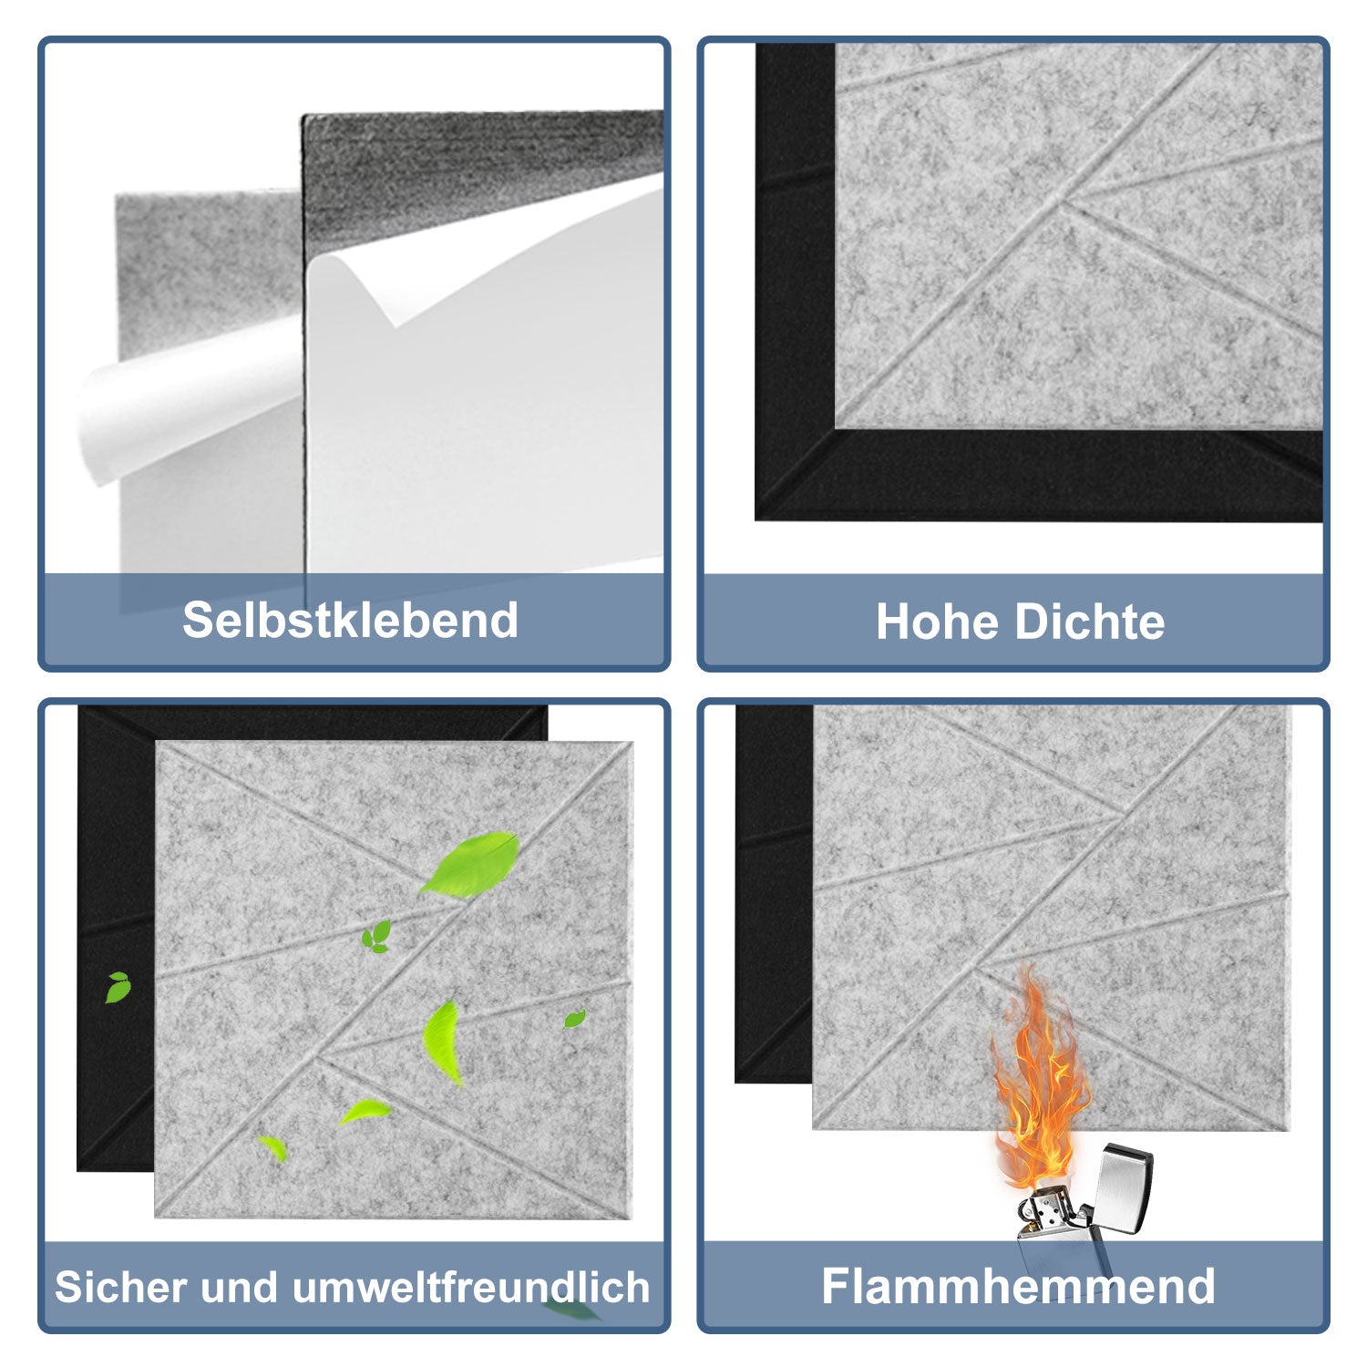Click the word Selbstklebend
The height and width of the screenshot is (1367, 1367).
click(350, 621)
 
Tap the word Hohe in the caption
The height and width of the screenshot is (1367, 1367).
click(938, 622)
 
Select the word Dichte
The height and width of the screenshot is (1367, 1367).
click(1090, 622)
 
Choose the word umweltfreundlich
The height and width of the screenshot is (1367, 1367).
click(471, 1287)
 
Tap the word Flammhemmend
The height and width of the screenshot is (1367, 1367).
click(1018, 1286)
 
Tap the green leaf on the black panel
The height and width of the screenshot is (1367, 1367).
click(118, 987)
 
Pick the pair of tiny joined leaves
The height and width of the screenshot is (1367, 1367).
click(376, 936)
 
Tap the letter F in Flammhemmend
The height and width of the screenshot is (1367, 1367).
click(837, 1286)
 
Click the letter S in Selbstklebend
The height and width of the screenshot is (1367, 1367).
click(198, 621)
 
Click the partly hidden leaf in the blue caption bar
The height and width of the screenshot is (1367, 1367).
click(570, 1310)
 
